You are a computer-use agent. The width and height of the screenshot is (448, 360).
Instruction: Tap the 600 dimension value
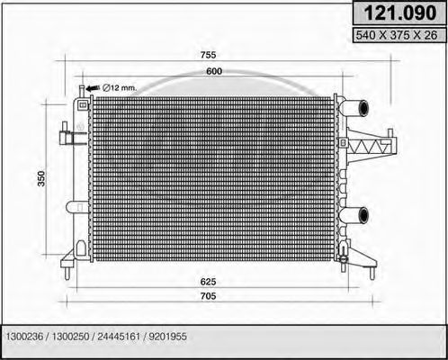point(213,71)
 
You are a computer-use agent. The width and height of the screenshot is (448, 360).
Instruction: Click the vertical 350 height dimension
point(40,180)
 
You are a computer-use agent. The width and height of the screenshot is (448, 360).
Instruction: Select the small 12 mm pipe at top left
point(82,91)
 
